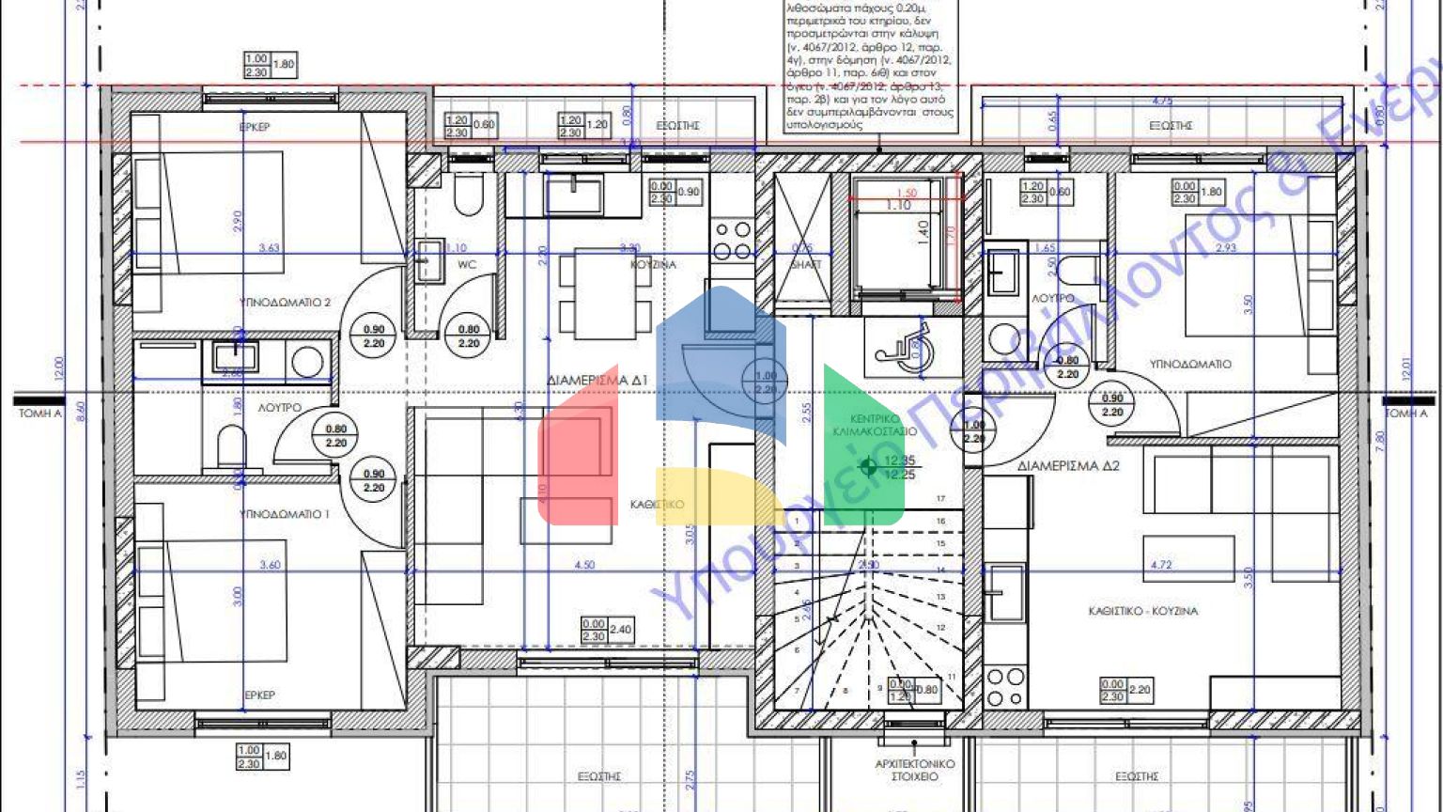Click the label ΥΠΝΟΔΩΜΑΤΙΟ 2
(x=286, y=303)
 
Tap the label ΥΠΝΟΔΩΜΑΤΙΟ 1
(x=284, y=514)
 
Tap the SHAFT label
(x=805, y=265)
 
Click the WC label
(x=467, y=265)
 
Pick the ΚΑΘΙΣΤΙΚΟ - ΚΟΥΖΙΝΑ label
(x=1142, y=611)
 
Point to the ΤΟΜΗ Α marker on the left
(x=39, y=414)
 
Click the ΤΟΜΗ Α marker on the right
(x=1405, y=414)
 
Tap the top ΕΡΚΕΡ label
(x=254, y=126)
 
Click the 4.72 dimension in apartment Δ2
(x=1161, y=565)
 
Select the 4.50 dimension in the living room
(x=584, y=565)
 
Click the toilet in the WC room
(x=467, y=197)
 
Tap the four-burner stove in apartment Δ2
(x=1004, y=687)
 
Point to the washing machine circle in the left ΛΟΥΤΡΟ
(x=306, y=360)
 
